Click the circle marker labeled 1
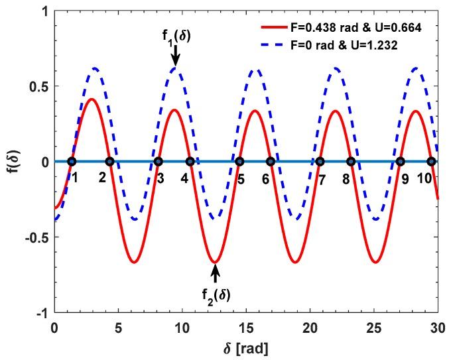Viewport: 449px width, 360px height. [x=72, y=161]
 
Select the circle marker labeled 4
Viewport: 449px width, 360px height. [x=190, y=161]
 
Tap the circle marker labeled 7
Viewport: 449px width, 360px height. [x=320, y=161]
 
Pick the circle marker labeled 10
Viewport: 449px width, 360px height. [x=430, y=161]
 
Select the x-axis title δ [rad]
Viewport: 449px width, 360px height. [x=245, y=347]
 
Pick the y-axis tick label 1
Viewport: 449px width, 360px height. [x=43, y=11]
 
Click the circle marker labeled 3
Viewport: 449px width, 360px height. [x=158, y=161]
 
